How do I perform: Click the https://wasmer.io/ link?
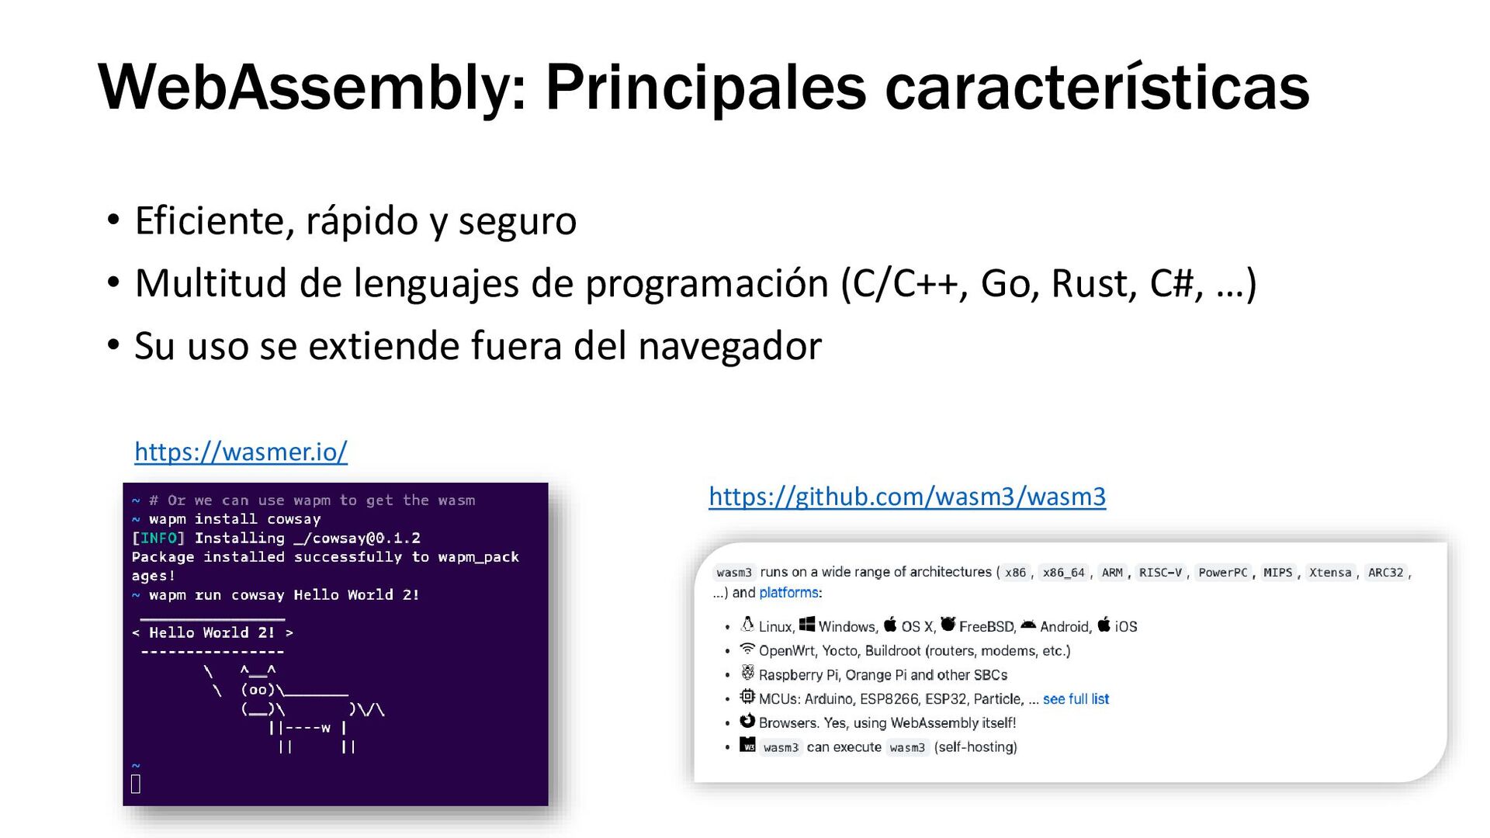[241, 452]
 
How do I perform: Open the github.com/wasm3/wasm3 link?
[907, 497]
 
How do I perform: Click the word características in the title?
[1097, 87]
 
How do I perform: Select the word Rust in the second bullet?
[1094, 283]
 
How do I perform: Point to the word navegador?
[729, 346]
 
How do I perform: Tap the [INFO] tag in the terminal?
[158, 538]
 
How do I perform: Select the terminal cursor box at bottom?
[136, 784]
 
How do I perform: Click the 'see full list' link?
[1076, 699]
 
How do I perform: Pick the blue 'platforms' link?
[788, 593]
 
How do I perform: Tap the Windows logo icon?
[807, 625]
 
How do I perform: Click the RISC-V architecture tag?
[1160, 573]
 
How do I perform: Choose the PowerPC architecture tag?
[1222, 573]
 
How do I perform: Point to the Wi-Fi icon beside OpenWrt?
[747, 649]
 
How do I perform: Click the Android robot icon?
[1028, 625]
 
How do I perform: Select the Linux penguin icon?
[747, 625]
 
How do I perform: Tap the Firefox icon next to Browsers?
[747, 721]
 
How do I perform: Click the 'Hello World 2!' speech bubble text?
[212, 633]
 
